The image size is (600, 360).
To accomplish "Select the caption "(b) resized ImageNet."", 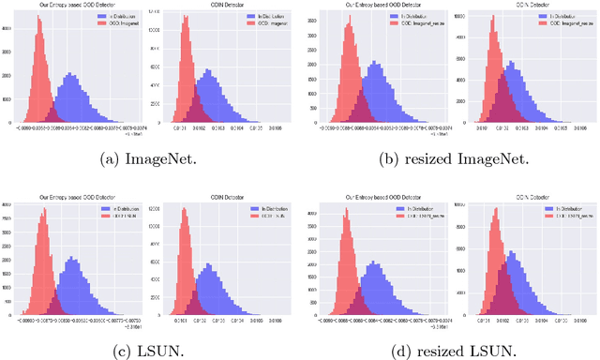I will (x=448, y=162).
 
